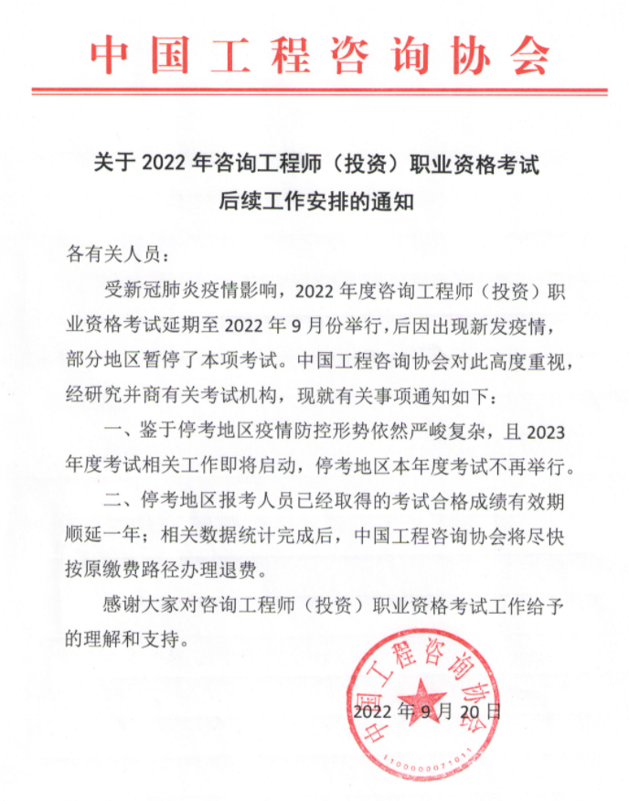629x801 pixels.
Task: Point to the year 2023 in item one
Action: coord(549,432)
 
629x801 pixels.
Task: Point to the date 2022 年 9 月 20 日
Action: coord(426,710)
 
